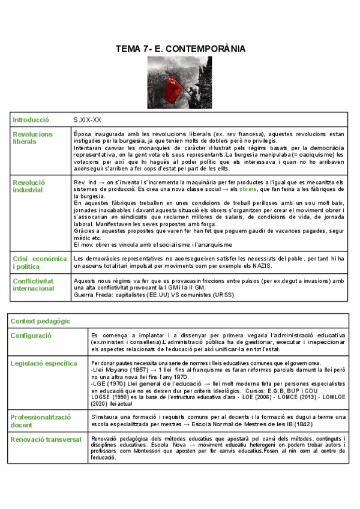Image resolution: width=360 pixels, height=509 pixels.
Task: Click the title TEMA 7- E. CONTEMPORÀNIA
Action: click(x=179, y=49)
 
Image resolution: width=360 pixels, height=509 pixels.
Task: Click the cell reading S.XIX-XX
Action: click(x=88, y=120)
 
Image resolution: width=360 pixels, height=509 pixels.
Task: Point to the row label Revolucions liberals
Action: click(x=32, y=138)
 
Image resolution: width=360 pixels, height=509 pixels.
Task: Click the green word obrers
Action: click(x=247, y=189)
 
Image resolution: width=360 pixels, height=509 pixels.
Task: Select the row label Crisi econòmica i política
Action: click(x=40, y=262)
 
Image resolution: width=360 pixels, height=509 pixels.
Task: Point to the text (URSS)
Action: click(x=223, y=295)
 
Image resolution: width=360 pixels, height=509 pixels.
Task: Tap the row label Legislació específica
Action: click(x=43, y=363)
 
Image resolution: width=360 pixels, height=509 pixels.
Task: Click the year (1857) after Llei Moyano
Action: click(x=131, y=370)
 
